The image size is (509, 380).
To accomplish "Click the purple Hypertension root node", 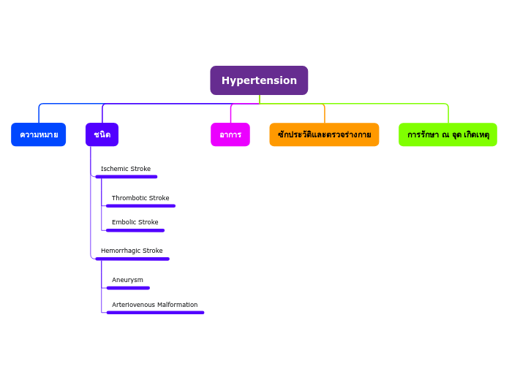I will [x=259, y=80].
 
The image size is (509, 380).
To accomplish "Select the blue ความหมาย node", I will [x=39, y=134].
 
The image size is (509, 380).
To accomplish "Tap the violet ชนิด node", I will [x=102, y=134].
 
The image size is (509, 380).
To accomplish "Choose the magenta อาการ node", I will [x=230, y=134].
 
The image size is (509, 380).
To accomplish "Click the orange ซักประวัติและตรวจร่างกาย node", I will [x=324, y=134].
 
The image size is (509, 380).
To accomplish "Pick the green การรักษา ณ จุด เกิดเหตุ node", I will [x=448, y=134].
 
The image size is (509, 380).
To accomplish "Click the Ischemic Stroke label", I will [x=126, y=169].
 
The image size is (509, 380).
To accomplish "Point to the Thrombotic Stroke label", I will [x=140, y=198].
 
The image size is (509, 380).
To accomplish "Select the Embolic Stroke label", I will [x=135, y=222].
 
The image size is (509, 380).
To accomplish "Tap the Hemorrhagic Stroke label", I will [x=132, y=251].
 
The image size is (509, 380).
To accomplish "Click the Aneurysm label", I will [x=127, y=280].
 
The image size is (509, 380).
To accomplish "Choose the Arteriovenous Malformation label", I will [x=154, y=305].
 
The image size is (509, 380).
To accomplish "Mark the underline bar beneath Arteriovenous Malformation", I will [x=155, y=313].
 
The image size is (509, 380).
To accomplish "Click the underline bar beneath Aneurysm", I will [x=128, y=288].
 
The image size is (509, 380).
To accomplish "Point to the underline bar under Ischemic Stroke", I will [x=126, y=177].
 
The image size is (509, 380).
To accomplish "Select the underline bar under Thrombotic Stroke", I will [x=140, y=206].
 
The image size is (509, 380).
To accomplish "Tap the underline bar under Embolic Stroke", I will [x=135, y=230].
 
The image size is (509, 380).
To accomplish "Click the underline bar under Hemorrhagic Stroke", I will [x=132, y=259].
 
